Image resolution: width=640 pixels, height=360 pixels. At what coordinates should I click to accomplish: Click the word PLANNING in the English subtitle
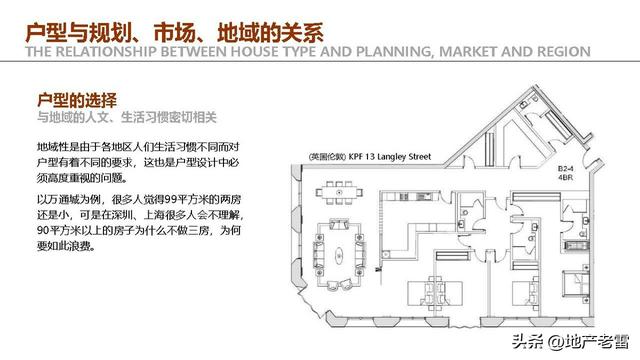click(347, 53)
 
